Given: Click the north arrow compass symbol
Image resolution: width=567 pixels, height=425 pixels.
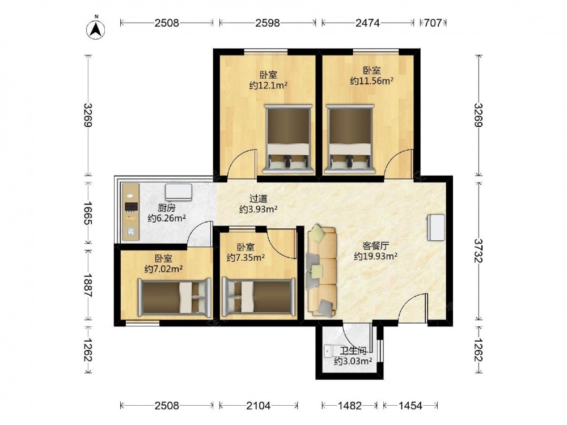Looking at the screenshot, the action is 96,28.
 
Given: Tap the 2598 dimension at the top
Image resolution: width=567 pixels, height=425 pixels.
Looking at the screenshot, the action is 268,23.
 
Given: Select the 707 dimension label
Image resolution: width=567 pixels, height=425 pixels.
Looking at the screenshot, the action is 433,23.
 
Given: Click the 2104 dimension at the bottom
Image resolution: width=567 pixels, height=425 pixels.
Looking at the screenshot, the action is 259,406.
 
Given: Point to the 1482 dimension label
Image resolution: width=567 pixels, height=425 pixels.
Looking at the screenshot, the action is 350,406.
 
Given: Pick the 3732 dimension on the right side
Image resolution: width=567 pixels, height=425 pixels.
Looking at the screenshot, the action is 479,250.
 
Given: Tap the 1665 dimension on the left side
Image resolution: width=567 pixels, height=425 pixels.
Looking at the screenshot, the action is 87,213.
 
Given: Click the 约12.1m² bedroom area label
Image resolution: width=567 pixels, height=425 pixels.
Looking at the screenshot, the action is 268,86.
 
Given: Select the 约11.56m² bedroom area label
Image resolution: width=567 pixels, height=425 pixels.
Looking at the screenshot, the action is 371,80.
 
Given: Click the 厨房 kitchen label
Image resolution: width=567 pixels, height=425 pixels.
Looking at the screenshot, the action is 166,208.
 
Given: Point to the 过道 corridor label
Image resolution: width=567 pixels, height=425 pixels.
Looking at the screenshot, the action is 259,199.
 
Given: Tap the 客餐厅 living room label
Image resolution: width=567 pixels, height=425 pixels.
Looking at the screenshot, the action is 376,246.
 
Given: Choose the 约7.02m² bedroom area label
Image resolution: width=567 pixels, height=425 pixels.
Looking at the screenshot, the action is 163,269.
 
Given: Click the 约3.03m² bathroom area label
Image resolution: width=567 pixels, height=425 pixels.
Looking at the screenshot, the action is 353,361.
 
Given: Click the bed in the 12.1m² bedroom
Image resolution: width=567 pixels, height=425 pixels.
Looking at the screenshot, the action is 289,138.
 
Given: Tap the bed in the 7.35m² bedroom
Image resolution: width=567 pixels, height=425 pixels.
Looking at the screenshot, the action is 259,296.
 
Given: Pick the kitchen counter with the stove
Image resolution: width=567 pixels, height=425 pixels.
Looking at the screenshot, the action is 130,212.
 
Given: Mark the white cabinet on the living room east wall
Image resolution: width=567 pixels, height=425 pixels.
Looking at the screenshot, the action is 436,227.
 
